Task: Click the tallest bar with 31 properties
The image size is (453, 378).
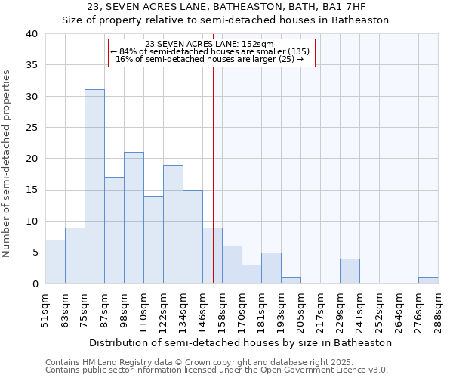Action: coord(94,187)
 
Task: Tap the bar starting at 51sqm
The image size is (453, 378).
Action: coord(55,262)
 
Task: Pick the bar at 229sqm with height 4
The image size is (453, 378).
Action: coord(350,271)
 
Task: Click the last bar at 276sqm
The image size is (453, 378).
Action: coord(428,280)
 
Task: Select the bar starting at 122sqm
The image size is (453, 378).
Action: coord(173,225)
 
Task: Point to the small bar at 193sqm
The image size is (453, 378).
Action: coord(291,280)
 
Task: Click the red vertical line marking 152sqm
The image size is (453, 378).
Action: coord(213,174)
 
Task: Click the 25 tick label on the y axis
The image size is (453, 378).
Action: coord(32,128)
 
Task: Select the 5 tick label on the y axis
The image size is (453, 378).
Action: coord(35,253)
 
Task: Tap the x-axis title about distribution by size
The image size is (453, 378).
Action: coord(240,342)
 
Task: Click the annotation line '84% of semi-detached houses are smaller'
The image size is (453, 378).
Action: coord(210,51)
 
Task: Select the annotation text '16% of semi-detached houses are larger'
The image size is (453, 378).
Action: coord(210,59)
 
